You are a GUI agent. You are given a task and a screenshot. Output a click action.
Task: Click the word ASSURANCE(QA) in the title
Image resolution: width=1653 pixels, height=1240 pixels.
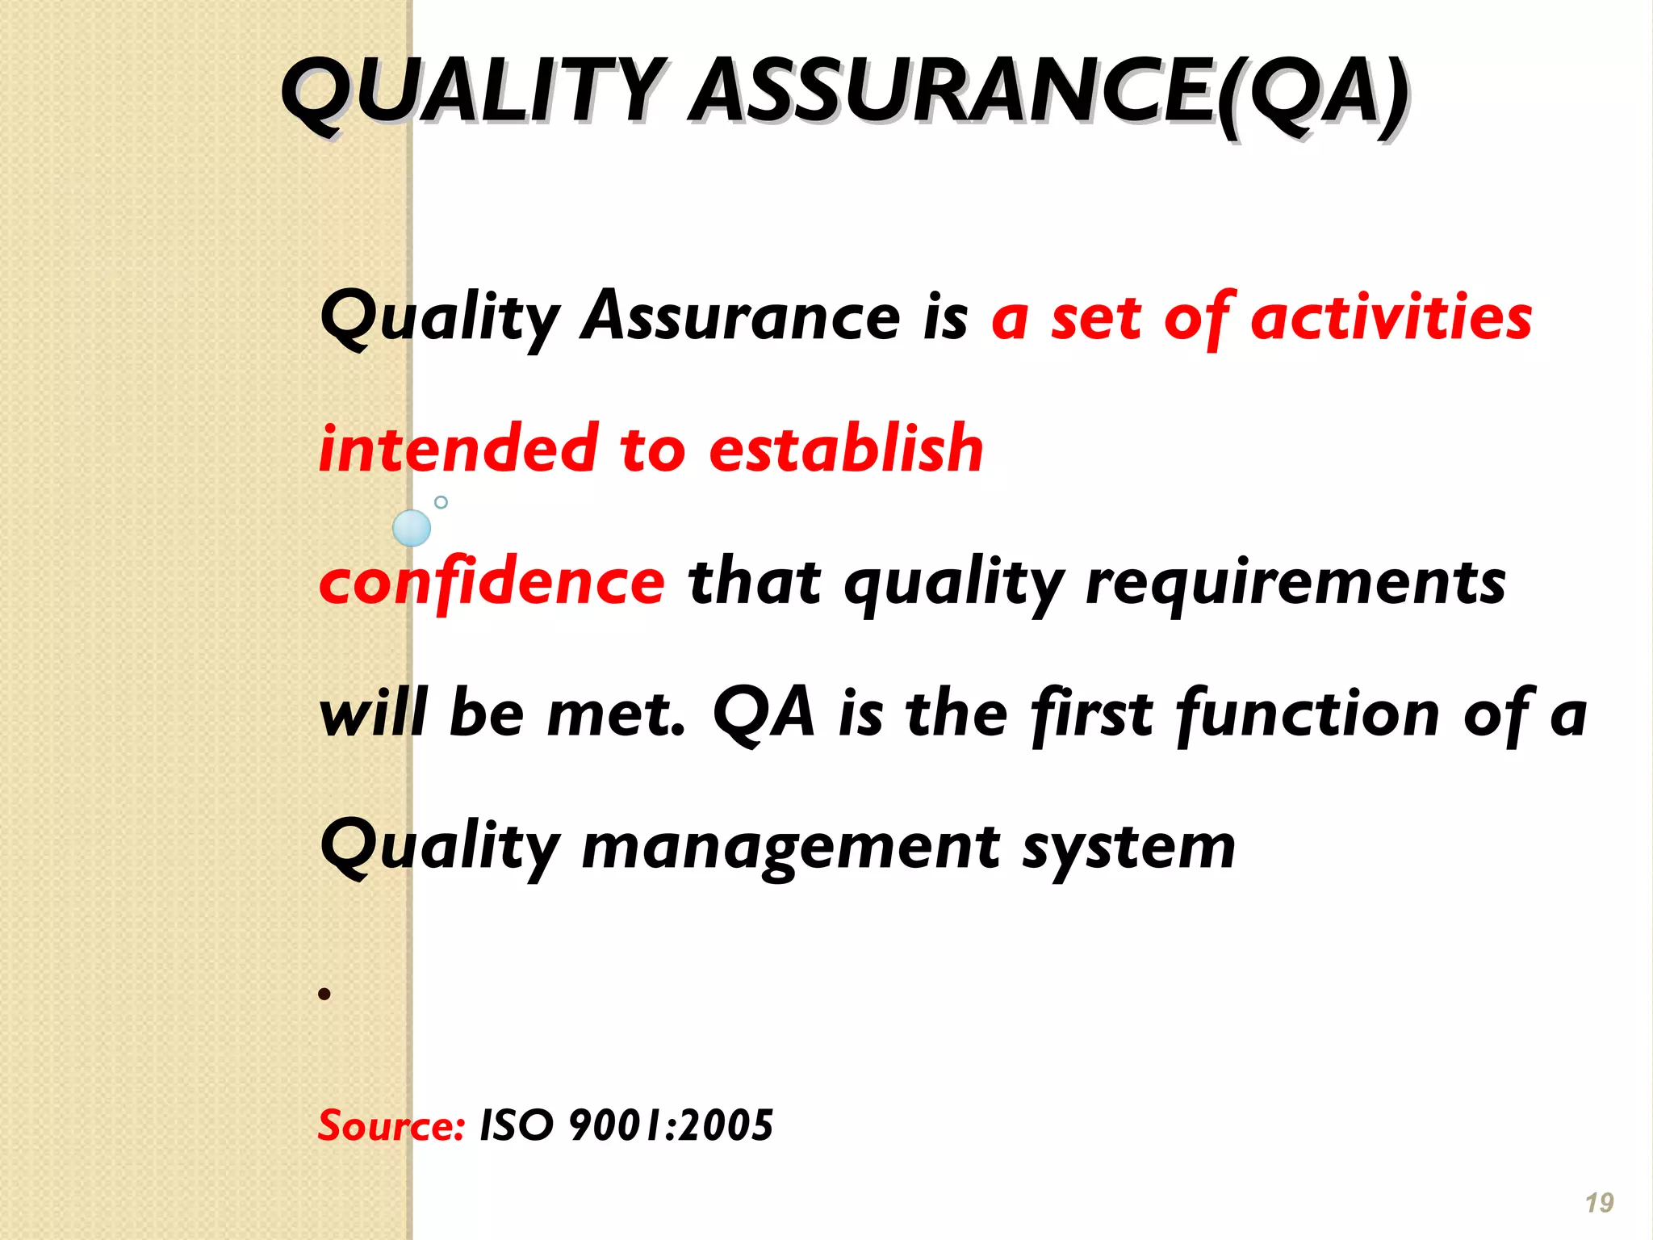[1049, 93]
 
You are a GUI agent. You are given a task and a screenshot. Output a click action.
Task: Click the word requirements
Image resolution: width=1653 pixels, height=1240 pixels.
[1295, 583]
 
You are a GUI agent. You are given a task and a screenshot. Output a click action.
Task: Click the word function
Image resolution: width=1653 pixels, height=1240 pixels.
[1308, 714]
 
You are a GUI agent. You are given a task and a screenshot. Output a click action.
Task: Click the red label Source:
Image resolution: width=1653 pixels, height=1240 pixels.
[391, 1125]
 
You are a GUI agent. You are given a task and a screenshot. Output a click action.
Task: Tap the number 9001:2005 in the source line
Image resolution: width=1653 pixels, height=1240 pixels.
[671, 1125]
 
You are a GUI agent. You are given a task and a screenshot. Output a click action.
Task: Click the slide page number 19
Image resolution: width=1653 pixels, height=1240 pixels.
[1599, 1203]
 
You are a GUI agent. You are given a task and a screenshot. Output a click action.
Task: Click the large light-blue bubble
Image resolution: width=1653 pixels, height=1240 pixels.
[412, 529]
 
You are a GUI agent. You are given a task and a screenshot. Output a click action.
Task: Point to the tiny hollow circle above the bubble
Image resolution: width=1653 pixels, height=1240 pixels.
[441, 502]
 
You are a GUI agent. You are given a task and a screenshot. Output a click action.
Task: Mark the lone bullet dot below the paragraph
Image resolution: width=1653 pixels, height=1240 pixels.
[324, 994]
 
